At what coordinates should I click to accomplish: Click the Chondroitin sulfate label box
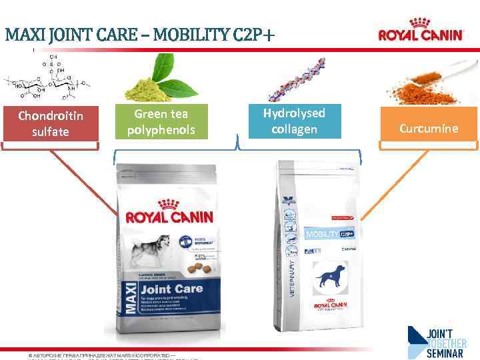point(51,123)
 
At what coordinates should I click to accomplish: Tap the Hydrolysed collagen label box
point(294,121)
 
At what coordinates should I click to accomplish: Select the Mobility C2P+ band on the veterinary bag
point(328,235)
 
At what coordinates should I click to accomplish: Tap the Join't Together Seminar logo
point(437,341)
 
